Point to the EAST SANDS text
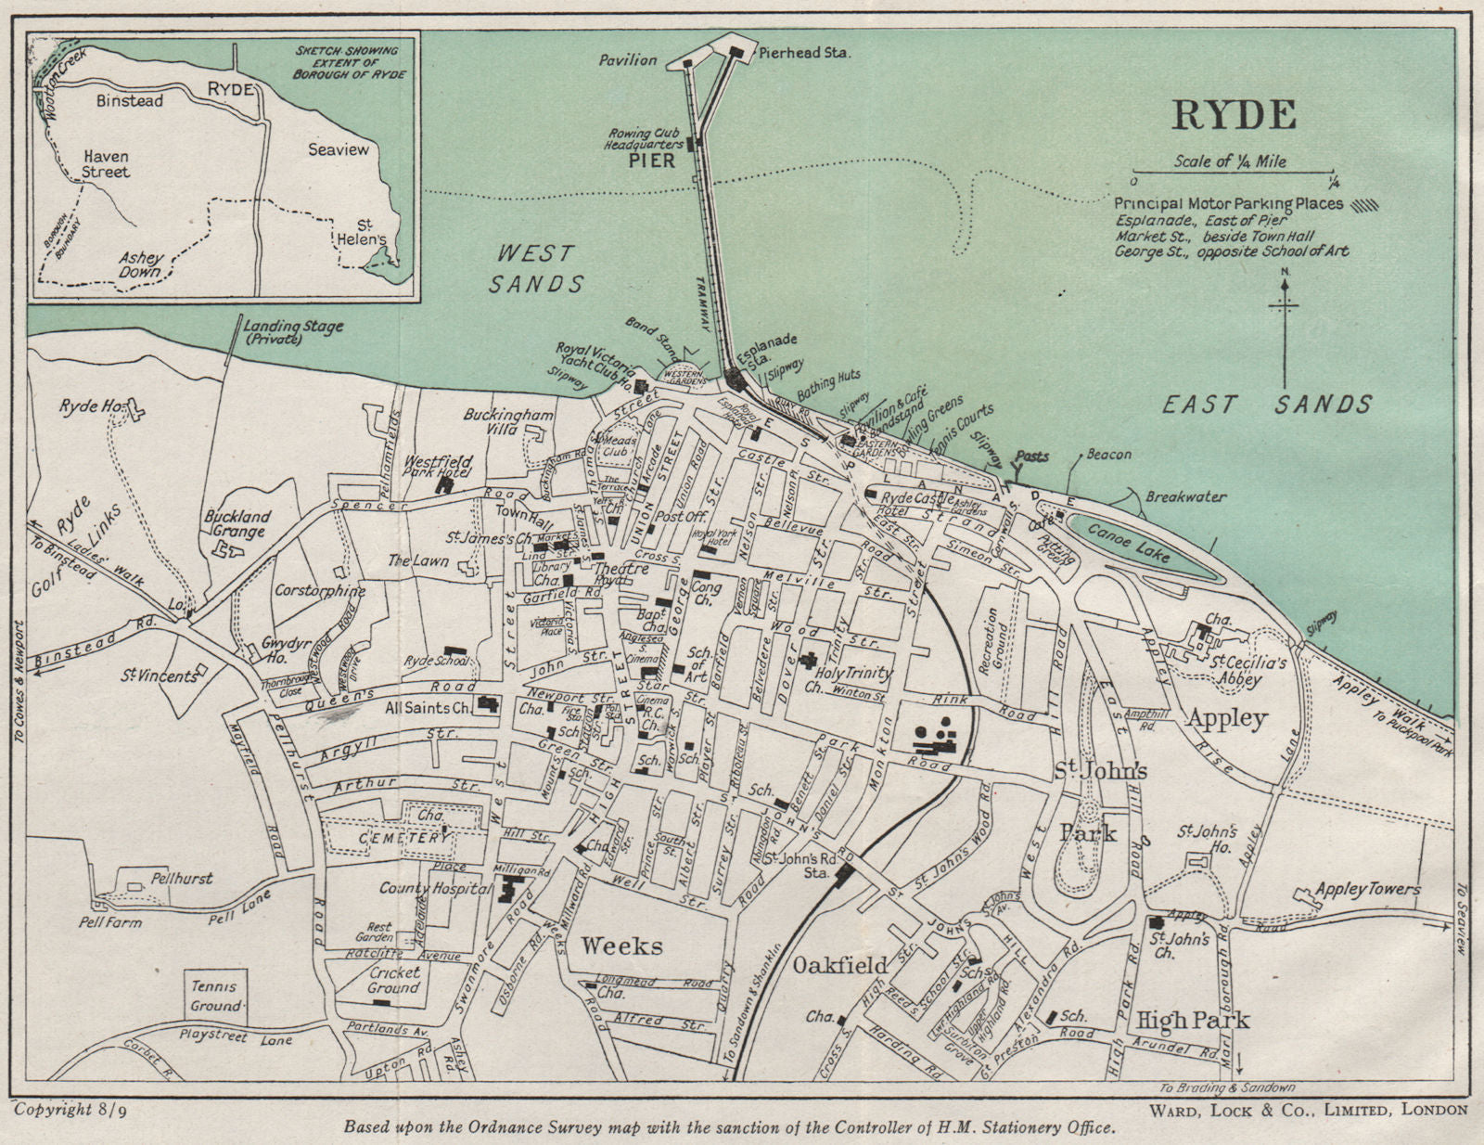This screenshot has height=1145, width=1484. pos(1267,404)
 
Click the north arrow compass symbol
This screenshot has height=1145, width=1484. pos(1285,325)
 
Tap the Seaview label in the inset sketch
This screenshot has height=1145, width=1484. pos(338,149)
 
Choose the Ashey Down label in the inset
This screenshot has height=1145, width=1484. pos(141,265)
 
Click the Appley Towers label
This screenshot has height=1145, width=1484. pos(1367,890)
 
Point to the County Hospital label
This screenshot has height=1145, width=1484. pos(434,888)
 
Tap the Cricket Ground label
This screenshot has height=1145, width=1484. pos(393,980)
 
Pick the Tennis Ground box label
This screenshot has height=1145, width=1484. pos(214,996)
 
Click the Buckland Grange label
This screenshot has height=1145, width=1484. pos(237,523)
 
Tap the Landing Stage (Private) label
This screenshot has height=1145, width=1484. pos(292,332)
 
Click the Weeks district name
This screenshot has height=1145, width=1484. pos(621,946)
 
